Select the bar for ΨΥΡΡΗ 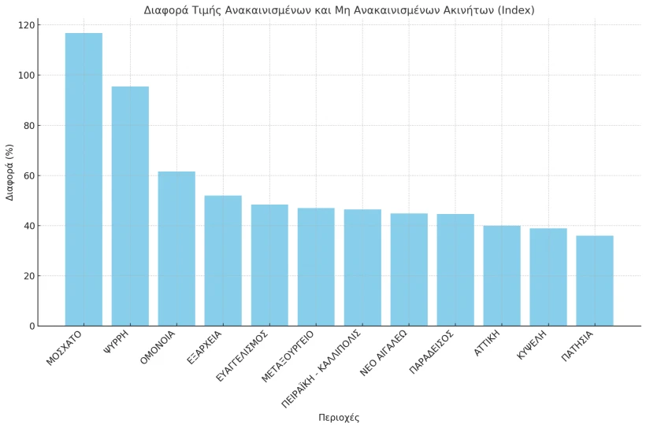pos(130,206)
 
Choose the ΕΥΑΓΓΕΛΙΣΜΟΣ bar pos(269,265)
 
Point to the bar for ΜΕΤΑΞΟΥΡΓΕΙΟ pos(316,267)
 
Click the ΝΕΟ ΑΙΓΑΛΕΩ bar pos(409,270)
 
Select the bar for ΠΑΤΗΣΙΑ pos(595,281)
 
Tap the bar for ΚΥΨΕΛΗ pos(548,277)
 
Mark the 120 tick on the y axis pos(26,25)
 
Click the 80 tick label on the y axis pos(28,126)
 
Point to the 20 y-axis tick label pos(28,276)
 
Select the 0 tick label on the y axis pos(32,327)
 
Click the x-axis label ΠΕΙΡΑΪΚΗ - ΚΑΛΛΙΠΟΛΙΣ pos(321,369)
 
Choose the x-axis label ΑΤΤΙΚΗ pos(488,344)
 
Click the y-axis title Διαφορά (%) pos(10,172)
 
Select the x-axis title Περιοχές pos(339,418)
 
